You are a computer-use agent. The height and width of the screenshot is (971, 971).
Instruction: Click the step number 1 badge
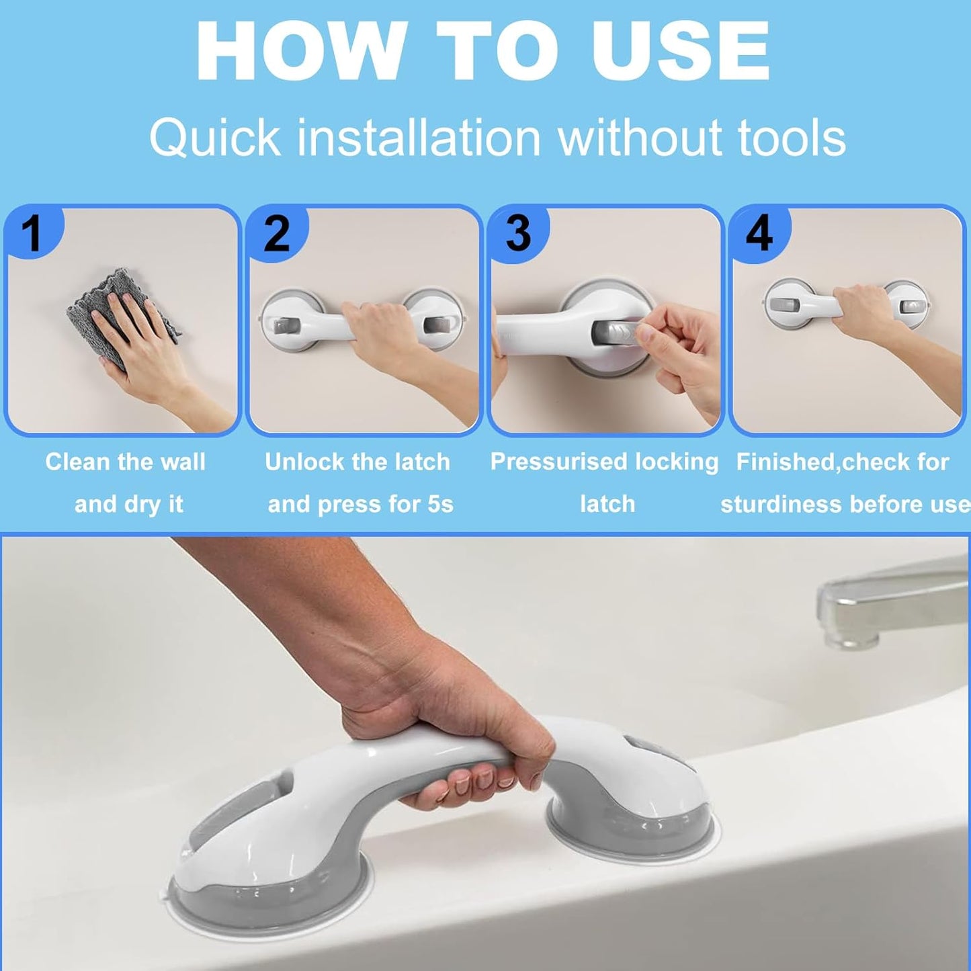pos(32,233)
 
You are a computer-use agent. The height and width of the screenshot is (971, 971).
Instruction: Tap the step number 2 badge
pos(276,233)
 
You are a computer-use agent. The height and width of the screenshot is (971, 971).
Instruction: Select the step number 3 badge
pos(517,233)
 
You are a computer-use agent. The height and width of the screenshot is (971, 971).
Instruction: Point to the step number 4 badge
pos(759,233)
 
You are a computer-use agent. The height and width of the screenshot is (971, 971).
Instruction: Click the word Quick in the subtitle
pos(214,138)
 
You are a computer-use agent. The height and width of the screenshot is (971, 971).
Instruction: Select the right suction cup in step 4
pos(907,306)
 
